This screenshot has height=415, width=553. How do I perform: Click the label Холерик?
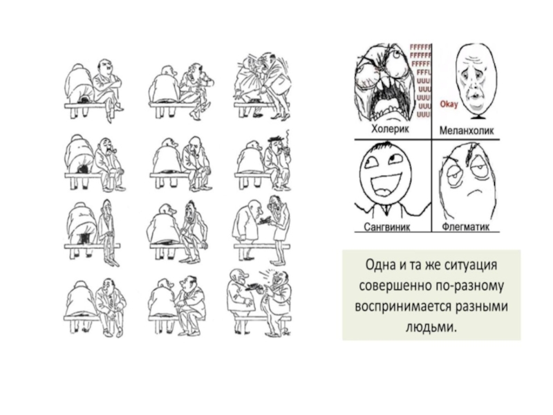point(390,129)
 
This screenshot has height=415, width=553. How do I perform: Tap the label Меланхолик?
point(467,130)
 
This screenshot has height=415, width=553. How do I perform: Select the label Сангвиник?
point(386,227)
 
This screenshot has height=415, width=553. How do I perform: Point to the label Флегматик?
point(465,227)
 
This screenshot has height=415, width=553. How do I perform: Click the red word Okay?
point(449,104)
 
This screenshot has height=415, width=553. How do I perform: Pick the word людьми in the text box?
point(431,326)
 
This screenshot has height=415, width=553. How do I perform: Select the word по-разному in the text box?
point(469,286)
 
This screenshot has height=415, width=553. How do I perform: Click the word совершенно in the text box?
point(395,286)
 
